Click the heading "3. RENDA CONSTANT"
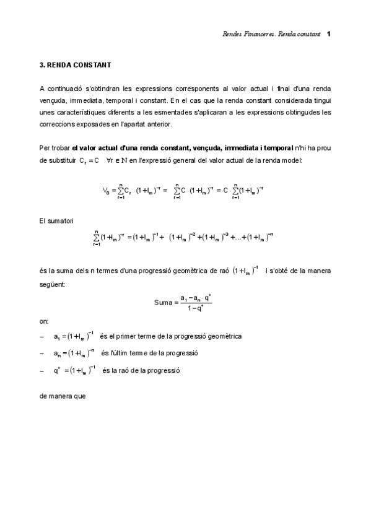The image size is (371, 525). point(74,64)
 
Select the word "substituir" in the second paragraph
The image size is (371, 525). point(64,160)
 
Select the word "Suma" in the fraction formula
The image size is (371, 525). point(162,303)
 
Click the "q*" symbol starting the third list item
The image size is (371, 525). point(56,370)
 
